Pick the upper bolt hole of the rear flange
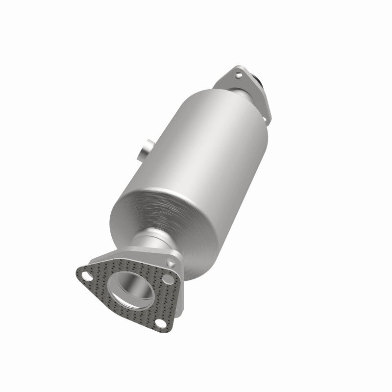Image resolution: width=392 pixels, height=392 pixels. click(x=239, y=74)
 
